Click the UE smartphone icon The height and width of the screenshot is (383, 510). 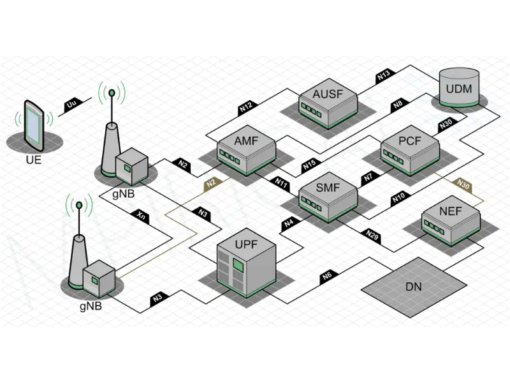(x=33, y=124)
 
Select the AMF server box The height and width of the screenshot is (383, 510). (x=246, y=152)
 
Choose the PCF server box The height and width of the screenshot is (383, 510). (x=410, y=152)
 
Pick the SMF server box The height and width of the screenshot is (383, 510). (x=328, y=199)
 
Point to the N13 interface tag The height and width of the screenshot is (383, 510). (x=383, y=75)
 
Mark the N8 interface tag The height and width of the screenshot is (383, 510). (x=397, y=103)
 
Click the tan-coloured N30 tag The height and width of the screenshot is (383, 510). (x=463, y=184)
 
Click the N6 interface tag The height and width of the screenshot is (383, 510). (x=328, y=276)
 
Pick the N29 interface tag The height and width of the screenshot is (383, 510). (x=373, y=235)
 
